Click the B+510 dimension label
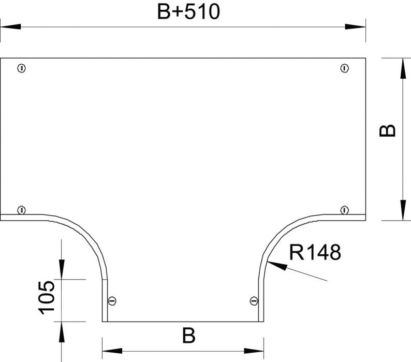pos(188,12)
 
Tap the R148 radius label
pos(315,252)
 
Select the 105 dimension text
pos(47,298)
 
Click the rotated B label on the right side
pos(387,131)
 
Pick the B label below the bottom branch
pos(189,336)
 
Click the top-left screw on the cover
pos(22,68)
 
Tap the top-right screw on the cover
pos(344,68)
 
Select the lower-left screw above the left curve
pos(22,210)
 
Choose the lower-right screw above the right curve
pos(344,210)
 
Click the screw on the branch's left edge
pos(112,301)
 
